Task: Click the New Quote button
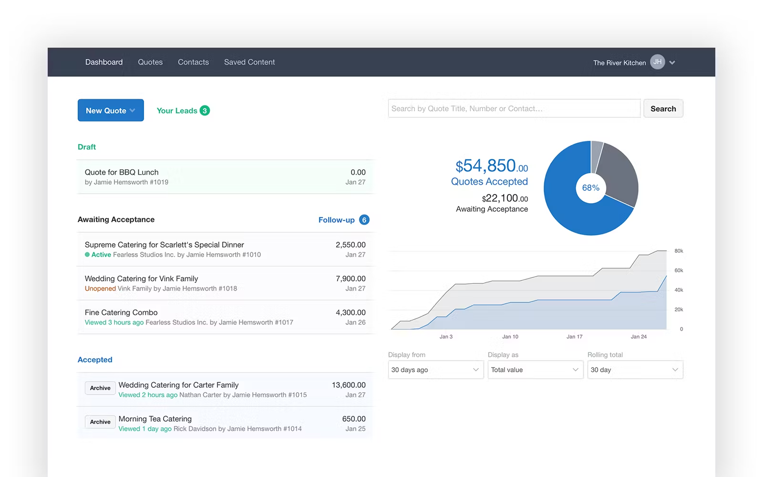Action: tap(110, 110)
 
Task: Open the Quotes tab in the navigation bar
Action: tap(150, 62)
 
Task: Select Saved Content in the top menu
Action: tap(249, 62)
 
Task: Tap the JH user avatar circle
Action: tap(657, 62)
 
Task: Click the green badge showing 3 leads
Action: tap(205, 111)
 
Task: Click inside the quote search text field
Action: tap(514, 109)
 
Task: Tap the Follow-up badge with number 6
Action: tap(364, 220)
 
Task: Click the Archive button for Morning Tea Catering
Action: tap(100, 422)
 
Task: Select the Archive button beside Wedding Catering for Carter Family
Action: tap(100, 388)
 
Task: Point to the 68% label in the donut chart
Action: tap(591, 188)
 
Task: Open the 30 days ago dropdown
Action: tap(435, 370)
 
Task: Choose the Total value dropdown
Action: tap(535, 370)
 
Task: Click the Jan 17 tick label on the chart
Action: tap(574, 337)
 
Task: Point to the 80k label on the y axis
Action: tap(679, 251)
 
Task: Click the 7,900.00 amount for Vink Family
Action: tap(351, 279)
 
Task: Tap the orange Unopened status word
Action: tap(100, 289)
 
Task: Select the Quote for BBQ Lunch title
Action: tap(122, 172)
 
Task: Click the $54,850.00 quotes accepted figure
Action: tap(491, 166)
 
